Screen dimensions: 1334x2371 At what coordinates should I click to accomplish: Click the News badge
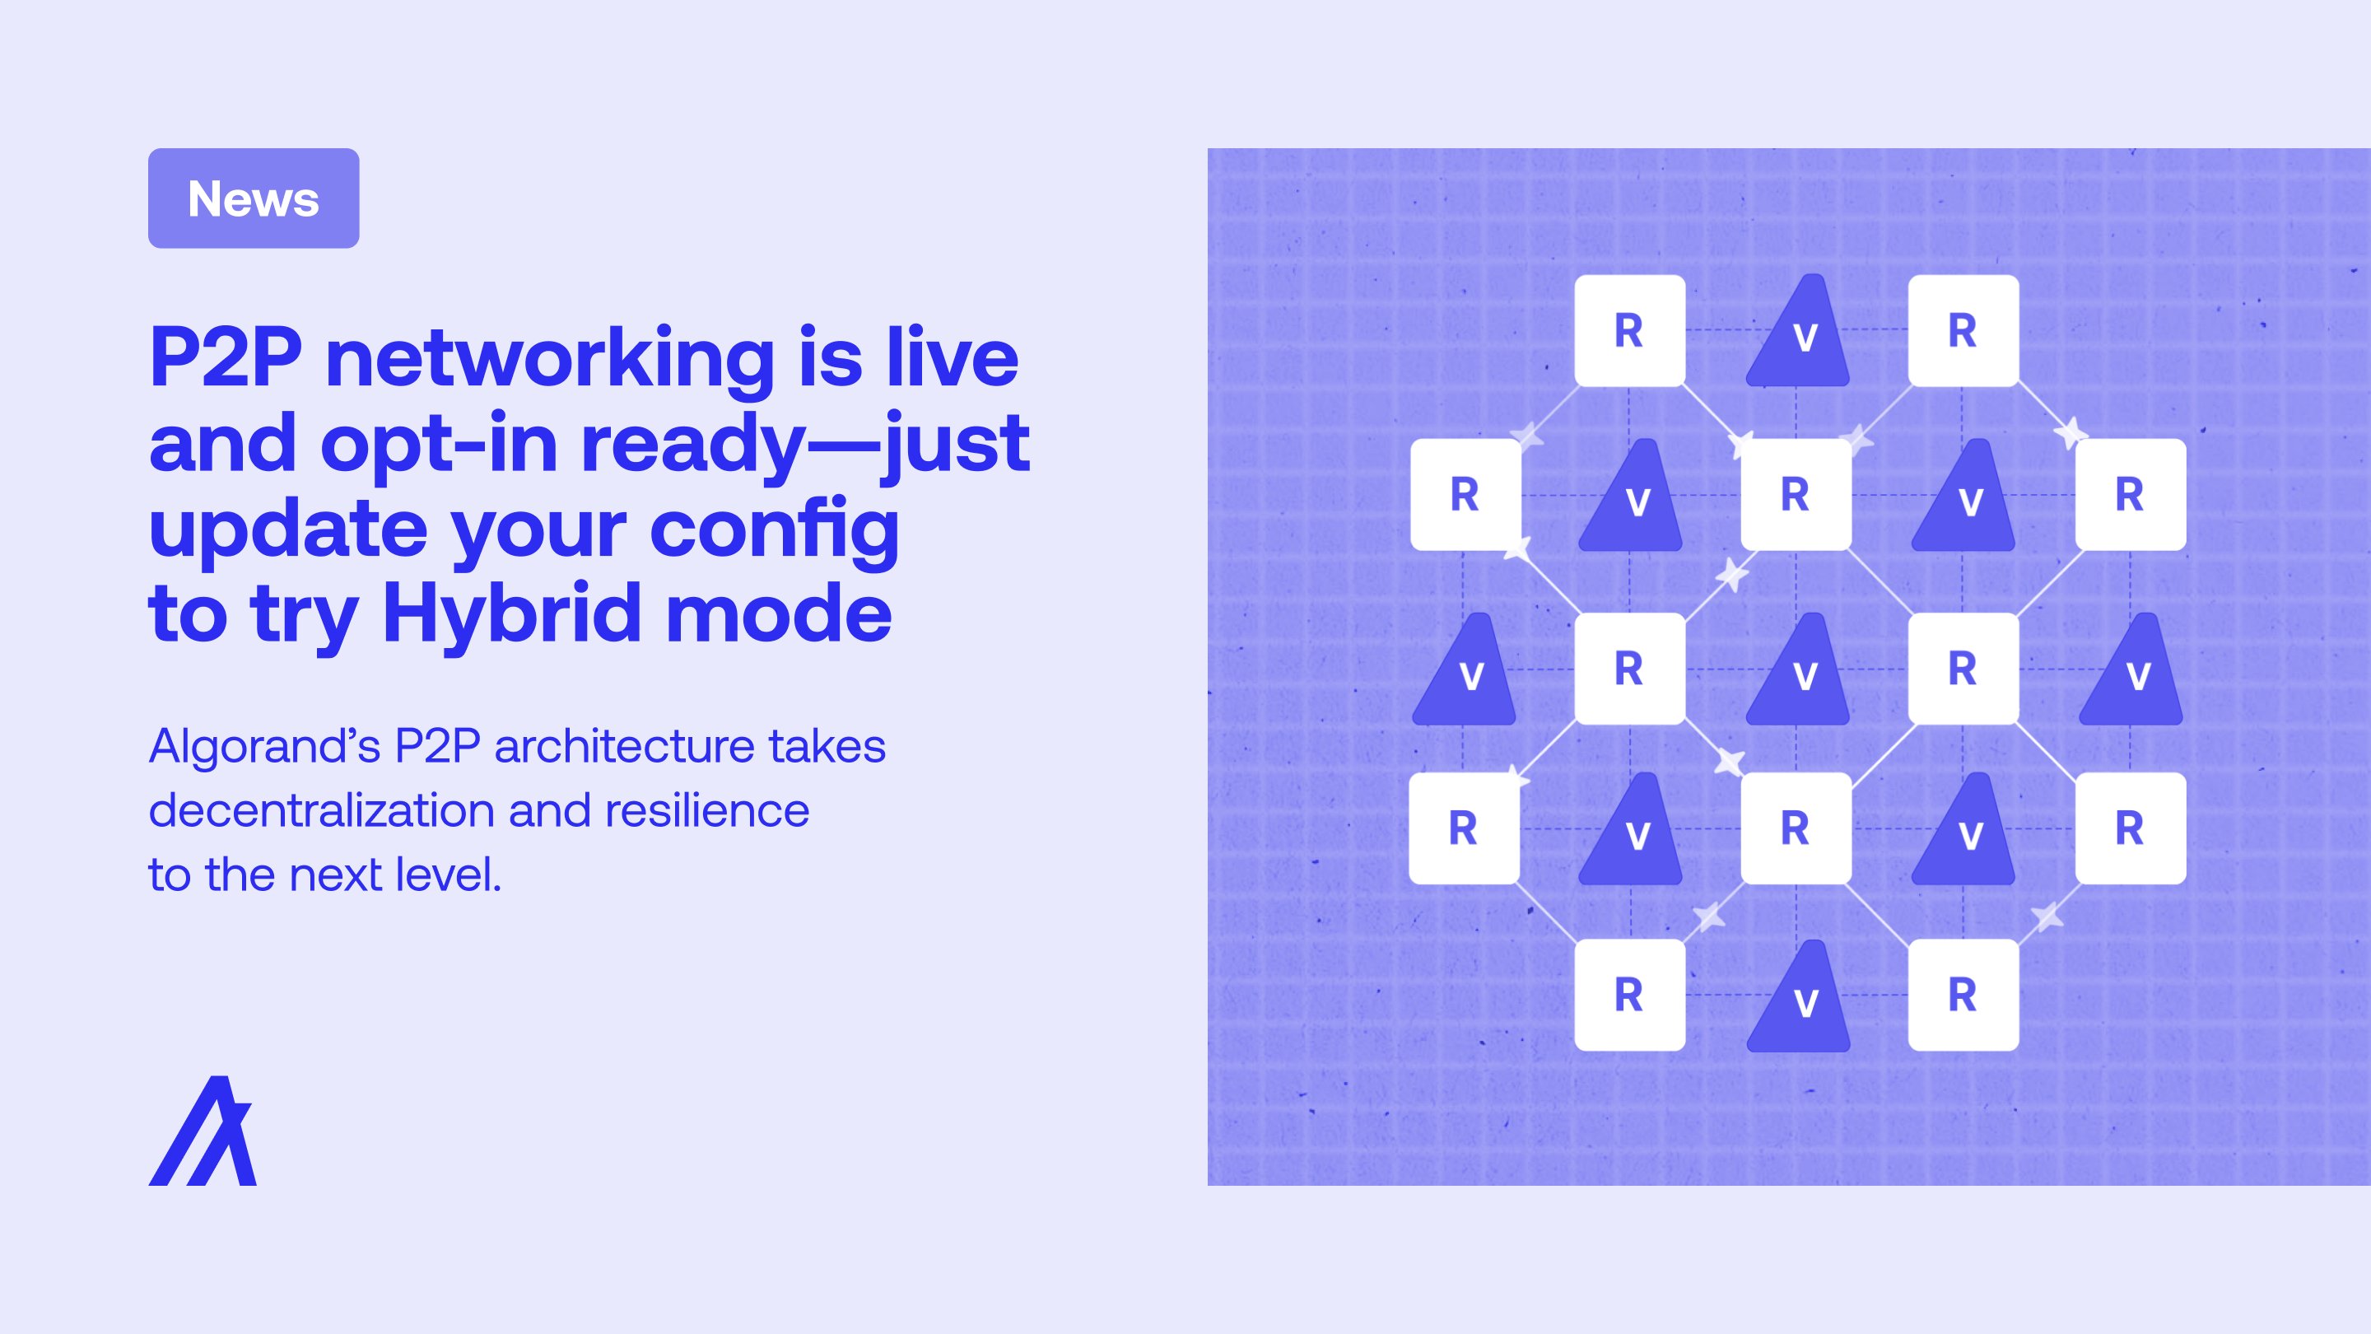(x=253, y=198)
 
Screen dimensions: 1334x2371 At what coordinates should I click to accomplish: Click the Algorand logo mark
(x=203, y=1130)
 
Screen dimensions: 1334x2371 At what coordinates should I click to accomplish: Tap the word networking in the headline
(x=549, y=359)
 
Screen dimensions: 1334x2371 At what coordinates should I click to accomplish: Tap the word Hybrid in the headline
(x=510, y=615)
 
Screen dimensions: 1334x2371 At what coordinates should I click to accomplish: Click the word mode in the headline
(x=779, y=615)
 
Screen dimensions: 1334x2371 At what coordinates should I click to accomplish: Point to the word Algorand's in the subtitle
(x=264, y=746)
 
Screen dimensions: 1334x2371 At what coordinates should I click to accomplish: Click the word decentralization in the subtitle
(x=321, y=810)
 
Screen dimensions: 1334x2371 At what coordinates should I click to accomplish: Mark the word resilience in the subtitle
(x=707, y=810)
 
